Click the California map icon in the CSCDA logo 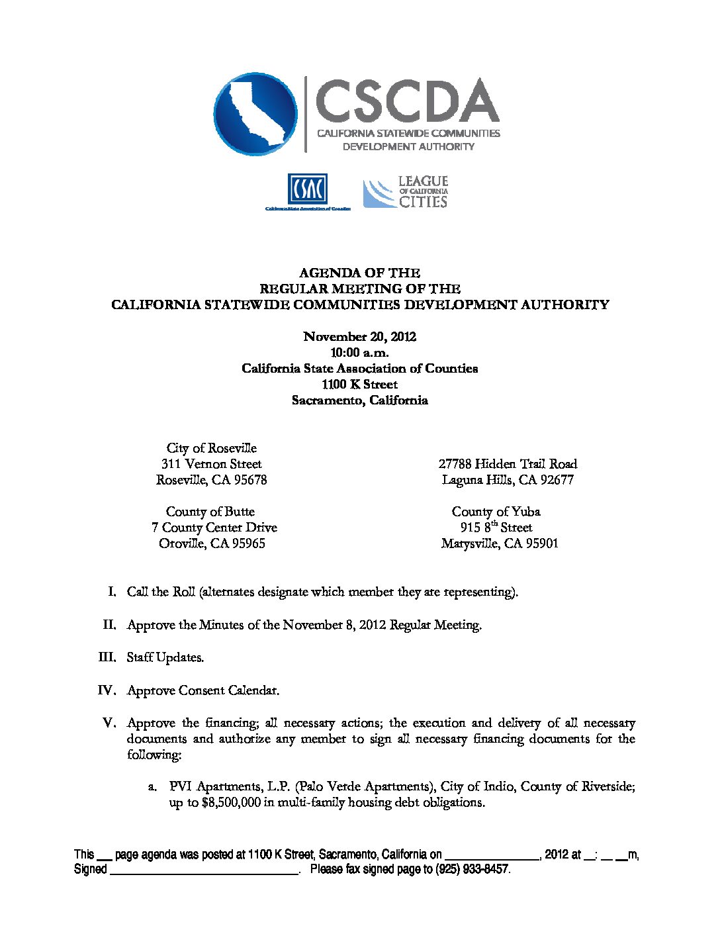(x=255, y=115)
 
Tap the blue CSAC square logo (x=307, y=189)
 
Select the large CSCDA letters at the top (x=406, y=101)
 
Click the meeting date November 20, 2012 (x=359, y=337)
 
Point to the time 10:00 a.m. (x=359, y=353)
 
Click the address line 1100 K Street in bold (x=359, y=385)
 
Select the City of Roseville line (x=212, y=449)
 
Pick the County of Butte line (x=210, y=512)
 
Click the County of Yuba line (x=496, y=512)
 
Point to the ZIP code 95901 (x=540, y=544)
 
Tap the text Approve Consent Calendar (x=203, y=690)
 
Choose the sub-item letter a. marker (x=152, y=787)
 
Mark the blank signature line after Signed (x=202, y=870)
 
